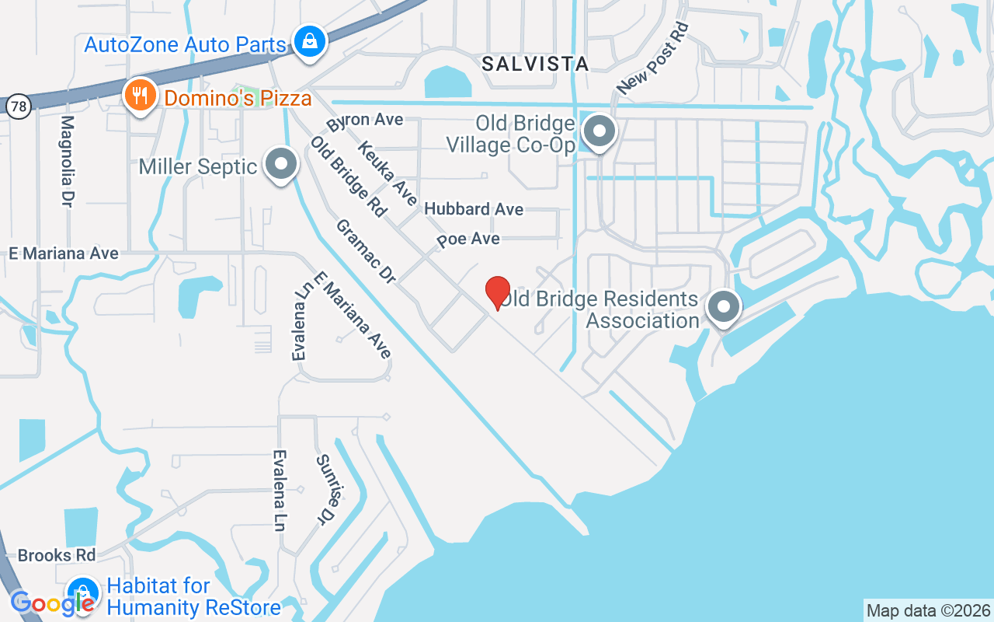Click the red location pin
pyautogui.click(x=498, y=293)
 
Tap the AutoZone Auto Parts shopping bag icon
pyautogui.click(x=309, y=40)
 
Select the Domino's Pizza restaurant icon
pyautogui.click(x=140, y=96)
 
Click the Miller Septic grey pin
pyautogui.click(x=281, y=165)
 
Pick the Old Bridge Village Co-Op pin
pyautogui.click(x=599, y=132)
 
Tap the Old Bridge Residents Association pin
pyautogui.click(x=724, y=307)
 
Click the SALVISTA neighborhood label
pyautogui.click(x=535, y=64)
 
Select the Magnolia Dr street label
pyautogui.click(x=67, y=161)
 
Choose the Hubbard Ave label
pyautogui.click(x=474, y=209)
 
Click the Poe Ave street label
pyautogui.click(x=468, y=239)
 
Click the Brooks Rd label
pyautogui.click(x=57, y=555)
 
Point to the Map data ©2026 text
pyautogui.click(x=928, y=610)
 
